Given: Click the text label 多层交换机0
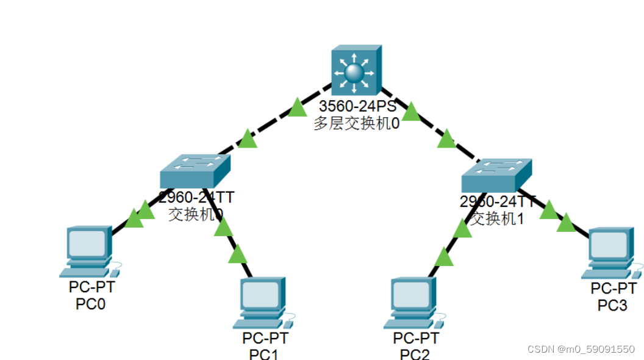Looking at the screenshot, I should [x=357, y=124].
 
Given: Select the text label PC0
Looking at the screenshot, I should [x=90, y=303].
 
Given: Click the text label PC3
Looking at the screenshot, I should [x=612, y=304].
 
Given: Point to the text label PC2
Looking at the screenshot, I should [x=415, y=354].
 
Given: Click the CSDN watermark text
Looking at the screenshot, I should [x=581, y=349].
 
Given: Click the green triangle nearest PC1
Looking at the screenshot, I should [x=237, y=254].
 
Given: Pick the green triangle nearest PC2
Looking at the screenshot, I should [x=444, y=258].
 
